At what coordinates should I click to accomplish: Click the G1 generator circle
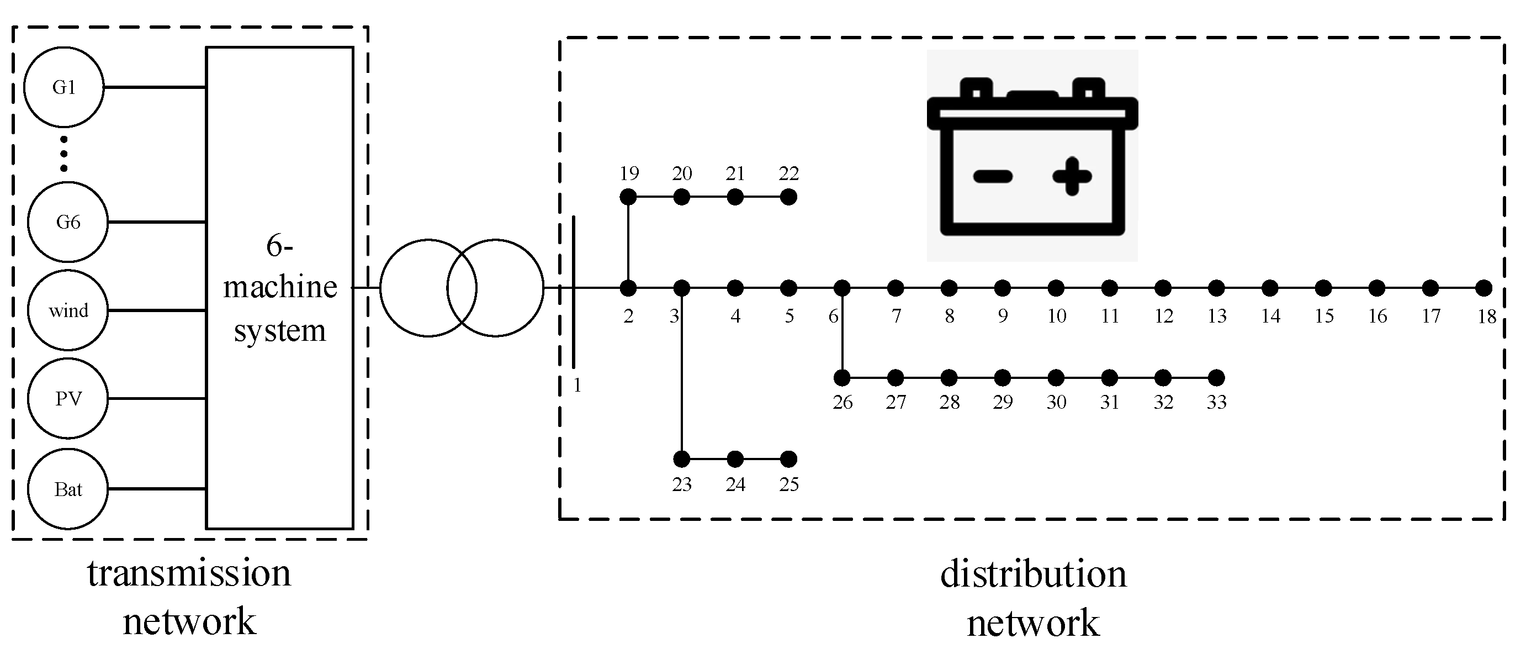[64, 87]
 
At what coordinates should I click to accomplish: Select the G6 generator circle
[68, 221]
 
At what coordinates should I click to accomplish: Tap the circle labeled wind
[68, 310]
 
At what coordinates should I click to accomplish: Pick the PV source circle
[68, 398]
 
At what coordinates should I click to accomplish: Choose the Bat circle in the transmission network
[68, 489]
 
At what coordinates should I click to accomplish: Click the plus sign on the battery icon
[1072, 176]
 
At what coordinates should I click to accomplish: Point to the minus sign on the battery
[993, 176]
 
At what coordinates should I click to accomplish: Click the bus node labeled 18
[1483, 288]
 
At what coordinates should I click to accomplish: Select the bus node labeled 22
[788, 197]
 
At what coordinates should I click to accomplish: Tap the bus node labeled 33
[1216, 378]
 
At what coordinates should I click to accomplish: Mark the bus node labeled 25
[788, 459]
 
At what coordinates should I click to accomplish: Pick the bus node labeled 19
[628, 197]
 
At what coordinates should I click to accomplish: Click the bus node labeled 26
[842, 378]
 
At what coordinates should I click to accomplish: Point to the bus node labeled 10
[1056, 288]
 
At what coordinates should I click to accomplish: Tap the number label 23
[682, 485]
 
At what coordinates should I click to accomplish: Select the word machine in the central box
[280, 287]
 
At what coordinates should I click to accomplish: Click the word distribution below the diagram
[1033, 574]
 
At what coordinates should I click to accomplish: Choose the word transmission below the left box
[189, 573]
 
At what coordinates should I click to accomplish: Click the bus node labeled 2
[628, 288]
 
